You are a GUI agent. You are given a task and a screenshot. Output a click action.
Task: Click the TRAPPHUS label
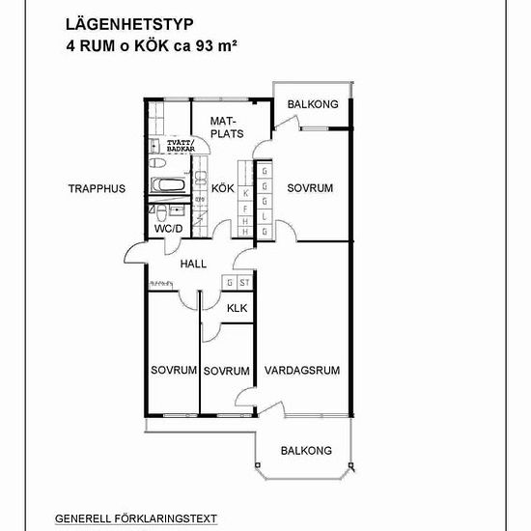[97, 188]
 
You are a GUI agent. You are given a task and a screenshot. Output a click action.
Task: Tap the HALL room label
[193, 264]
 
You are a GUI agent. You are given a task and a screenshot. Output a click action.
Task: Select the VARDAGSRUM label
[302, 370]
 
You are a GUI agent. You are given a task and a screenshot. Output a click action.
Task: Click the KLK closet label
[238, 308]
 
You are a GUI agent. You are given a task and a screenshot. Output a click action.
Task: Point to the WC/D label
[168, 229]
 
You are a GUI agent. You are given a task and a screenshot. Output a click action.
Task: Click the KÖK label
[223, 188]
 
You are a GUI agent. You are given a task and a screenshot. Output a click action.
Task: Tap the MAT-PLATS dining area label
[227, 127]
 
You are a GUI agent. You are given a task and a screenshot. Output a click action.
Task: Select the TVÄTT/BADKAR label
[181, 146]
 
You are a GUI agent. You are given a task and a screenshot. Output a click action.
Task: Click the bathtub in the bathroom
[168, 185]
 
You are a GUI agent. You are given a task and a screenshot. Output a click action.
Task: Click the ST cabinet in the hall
[244, 282]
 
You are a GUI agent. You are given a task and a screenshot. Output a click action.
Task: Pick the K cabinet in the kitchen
[245, 194]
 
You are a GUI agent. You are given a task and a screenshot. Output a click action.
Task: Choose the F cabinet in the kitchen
[245, 209]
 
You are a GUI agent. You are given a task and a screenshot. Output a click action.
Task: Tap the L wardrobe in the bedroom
[265, 216]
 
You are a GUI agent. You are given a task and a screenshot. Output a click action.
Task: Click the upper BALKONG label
[313, 104]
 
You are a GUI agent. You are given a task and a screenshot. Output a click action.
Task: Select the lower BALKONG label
[306, 451]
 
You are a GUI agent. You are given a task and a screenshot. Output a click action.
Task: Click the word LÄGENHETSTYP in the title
[129, 24]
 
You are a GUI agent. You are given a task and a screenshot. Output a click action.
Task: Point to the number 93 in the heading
[205, 46]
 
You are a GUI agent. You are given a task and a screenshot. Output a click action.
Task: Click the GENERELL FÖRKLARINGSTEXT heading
[136, 518]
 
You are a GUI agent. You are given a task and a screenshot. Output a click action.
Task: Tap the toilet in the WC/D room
[161, 212]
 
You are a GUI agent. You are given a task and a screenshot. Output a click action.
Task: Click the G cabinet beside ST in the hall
[230, 282]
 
